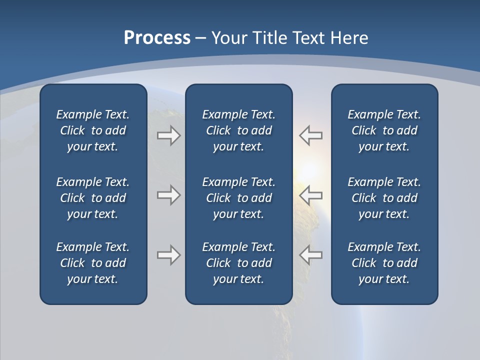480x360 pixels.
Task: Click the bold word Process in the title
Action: [x=157, y=38]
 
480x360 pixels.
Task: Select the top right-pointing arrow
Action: [x=168, y=135]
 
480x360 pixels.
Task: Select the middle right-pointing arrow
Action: [x=168, y=195]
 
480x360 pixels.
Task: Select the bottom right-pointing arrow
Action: [x=168, y=255]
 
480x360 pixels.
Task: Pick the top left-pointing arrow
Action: [x=311, y=135]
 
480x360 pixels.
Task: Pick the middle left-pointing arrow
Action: [x=311, y=195]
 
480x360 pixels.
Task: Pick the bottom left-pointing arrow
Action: [x=311, y=255]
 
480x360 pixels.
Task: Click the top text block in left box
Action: [x=93, y=130]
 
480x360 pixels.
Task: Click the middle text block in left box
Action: [x=93, y=198]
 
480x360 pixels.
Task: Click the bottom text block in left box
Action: [x=93, y=263]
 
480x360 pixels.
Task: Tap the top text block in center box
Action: [x=238, y=130]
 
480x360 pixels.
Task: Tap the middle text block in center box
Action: [x=238, y=198]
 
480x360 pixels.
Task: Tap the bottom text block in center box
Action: [x=238, y=263]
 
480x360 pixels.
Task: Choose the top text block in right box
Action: [x=384, y=130]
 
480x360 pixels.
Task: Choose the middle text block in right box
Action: [x=384, y=198]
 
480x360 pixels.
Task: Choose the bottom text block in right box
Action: [x=384, y=263]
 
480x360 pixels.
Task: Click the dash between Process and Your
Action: [x=200, y=38]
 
